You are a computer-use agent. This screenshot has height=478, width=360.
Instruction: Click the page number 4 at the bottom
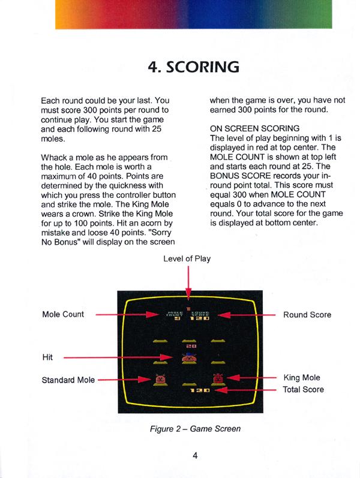coord(195,455)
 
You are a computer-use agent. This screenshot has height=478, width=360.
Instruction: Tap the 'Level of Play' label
coord(187,258)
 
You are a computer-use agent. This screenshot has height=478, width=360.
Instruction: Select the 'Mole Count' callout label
coord(63,314)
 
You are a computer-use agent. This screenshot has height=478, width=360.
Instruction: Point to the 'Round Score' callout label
coord(307,314)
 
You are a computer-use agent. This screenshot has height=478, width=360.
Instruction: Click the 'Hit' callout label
coord(47,357)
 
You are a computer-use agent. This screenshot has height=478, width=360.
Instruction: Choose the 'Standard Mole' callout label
coord(68,380)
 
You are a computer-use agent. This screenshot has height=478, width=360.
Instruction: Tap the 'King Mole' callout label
coord(301,378)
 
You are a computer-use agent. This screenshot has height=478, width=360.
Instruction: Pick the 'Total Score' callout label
coord(304,389)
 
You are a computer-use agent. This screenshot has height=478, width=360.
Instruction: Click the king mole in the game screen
coord(217,379)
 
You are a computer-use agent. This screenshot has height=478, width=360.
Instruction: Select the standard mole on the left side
coord(160,379)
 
